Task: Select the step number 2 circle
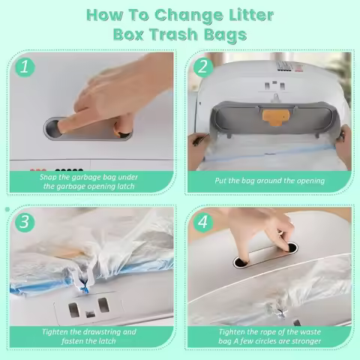(202, 67)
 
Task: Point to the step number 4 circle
(202, 223)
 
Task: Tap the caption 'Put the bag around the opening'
(269, 181)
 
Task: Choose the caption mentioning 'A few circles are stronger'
(269, 336)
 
